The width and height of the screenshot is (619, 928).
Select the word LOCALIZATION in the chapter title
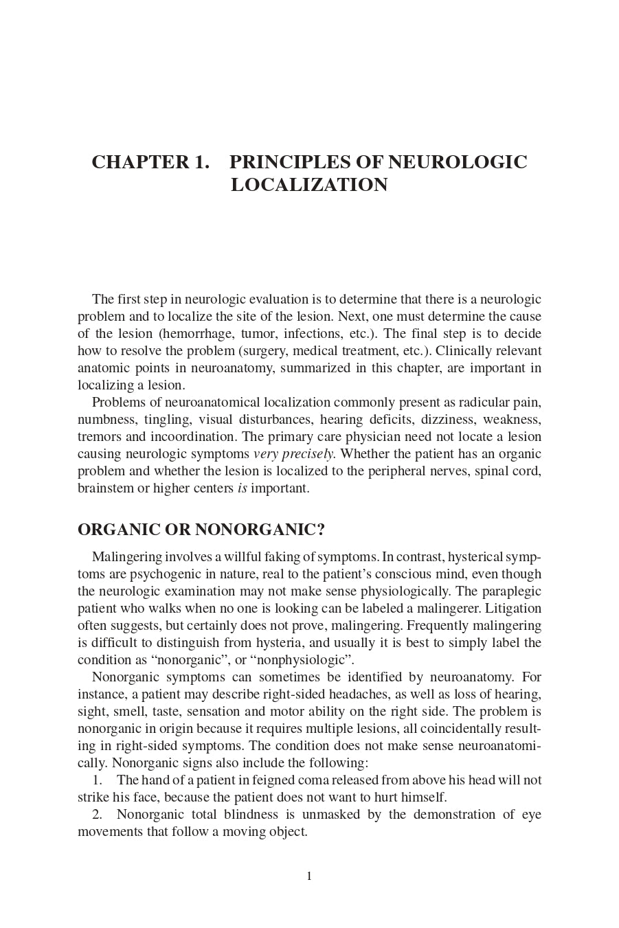(x=309, y=185)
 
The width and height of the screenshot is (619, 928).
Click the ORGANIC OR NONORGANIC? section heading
(x=201, y=530)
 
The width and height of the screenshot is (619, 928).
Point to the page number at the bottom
(x=309, y=876)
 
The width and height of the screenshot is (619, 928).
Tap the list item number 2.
(x=97, y=815)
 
